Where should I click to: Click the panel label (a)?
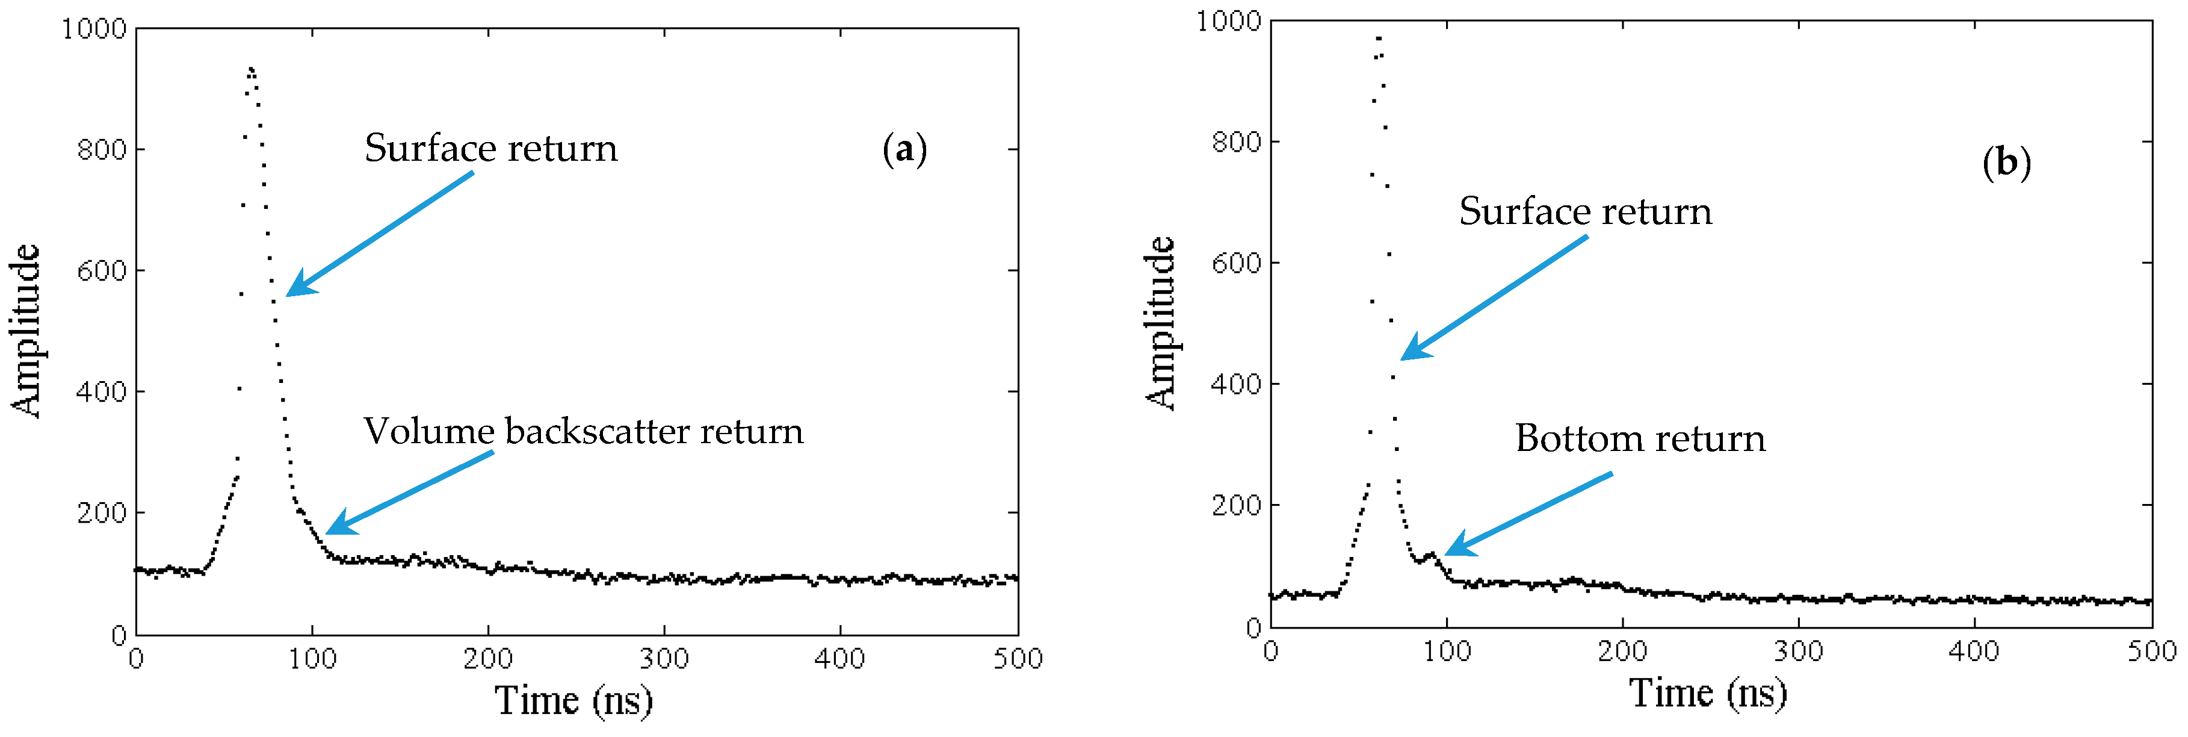904,149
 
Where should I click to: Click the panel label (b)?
2006,163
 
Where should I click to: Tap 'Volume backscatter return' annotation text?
584,432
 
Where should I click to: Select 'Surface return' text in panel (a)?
491,149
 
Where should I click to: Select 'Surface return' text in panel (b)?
1585,212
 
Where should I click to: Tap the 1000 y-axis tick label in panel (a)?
94,29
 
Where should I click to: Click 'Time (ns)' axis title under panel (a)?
573,700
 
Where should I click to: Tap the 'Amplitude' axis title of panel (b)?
1160,324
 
